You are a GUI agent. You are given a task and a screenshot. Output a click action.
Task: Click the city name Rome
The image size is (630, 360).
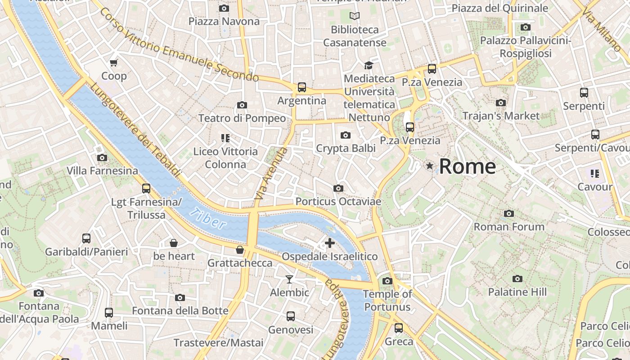point(467,166)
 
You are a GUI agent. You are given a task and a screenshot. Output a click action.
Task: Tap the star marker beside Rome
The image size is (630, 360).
point(430,166)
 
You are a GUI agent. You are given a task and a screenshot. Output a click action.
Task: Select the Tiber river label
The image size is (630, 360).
point(207,219)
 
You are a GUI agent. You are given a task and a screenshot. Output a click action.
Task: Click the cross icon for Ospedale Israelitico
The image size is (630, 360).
point(330,243)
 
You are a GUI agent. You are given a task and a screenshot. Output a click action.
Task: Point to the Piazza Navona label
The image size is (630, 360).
point(224,21)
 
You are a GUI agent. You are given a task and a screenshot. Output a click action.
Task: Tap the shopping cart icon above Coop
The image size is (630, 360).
point(113,63)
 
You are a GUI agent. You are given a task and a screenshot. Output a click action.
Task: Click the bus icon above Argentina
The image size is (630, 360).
point(301,87)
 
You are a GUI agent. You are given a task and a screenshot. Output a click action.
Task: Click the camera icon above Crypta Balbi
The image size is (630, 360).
point(346,135)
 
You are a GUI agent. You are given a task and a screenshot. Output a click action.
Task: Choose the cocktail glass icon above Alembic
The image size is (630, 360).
point(289,279)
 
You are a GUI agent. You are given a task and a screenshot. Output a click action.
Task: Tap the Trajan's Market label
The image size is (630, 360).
point(500,116)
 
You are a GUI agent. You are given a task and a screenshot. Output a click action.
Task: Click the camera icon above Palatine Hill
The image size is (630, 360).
point(517,279)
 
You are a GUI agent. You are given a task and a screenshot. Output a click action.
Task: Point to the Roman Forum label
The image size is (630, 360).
point(509,227)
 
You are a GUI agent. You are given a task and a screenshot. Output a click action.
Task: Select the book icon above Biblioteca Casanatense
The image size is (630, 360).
point(355,16)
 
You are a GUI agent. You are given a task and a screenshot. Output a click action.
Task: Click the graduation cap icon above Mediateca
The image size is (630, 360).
point(369,65)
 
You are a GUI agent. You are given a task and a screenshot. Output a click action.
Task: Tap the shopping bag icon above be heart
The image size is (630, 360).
point(174,243)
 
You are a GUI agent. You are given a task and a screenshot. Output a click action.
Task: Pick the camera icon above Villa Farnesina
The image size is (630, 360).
point(102,157)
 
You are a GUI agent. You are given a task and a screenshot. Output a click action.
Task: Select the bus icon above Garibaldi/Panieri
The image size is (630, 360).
point(86,238)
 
